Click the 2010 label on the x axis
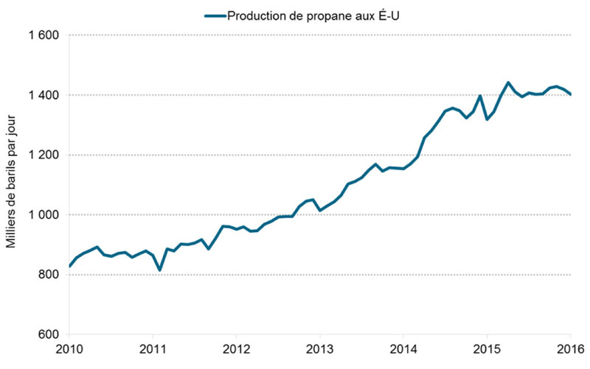(69, 349)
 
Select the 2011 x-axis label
(153, 349)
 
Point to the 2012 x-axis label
(236, 349)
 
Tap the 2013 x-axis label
(319, 349)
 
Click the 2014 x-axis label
(403, 349)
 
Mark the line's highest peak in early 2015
(508, 82)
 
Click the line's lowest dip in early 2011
(160, 270)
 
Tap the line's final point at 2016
(570, 94)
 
